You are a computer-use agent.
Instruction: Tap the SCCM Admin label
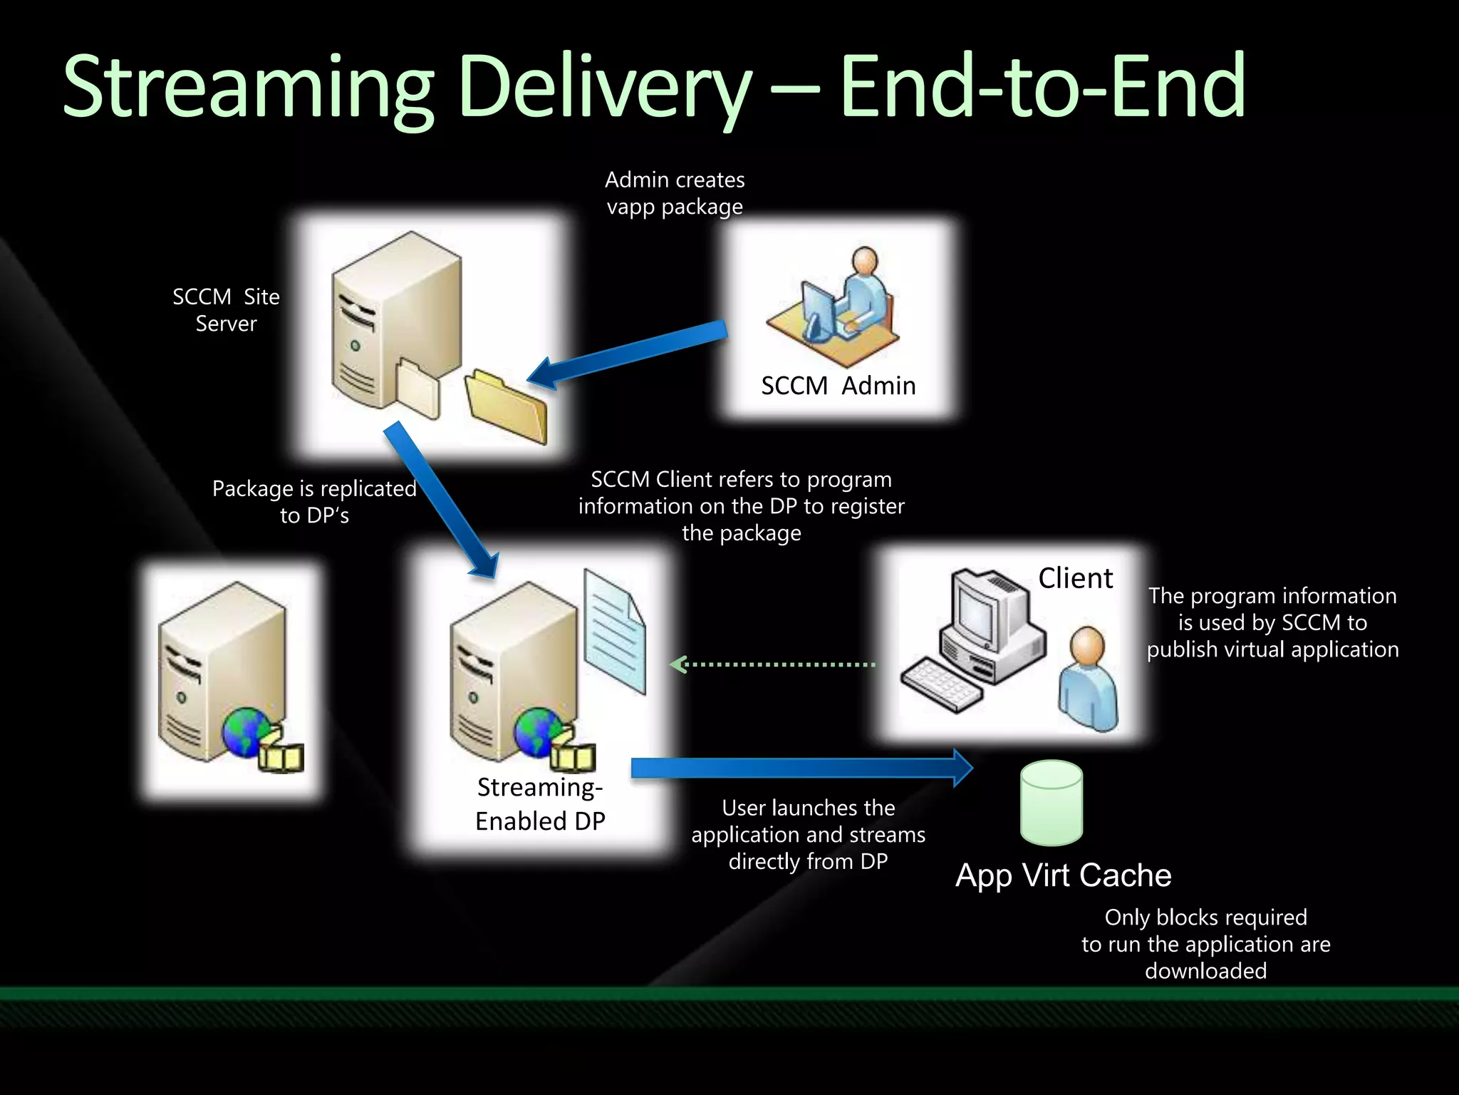point(838,386)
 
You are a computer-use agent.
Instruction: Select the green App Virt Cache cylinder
point(1052,803)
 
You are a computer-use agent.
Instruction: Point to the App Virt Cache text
point(1063,875)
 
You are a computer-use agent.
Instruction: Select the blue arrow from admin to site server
point(628,354)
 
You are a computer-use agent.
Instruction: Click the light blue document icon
point(614,631)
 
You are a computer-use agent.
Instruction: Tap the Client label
point(1075,578)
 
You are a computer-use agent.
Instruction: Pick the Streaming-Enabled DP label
point(540,804)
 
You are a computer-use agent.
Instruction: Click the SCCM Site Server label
point(226,310)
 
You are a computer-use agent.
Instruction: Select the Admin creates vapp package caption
point(675,193)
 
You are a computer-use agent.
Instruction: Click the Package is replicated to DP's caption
point(314,502)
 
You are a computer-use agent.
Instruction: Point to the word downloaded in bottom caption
point(1205,971)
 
